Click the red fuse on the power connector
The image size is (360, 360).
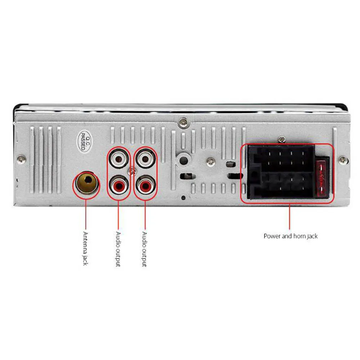[321, 176]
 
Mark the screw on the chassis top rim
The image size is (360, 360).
[184, 123]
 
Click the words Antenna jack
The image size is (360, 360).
[86, 248]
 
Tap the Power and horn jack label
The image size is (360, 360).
[291, 237]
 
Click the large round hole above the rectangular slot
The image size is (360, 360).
[183, 159]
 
